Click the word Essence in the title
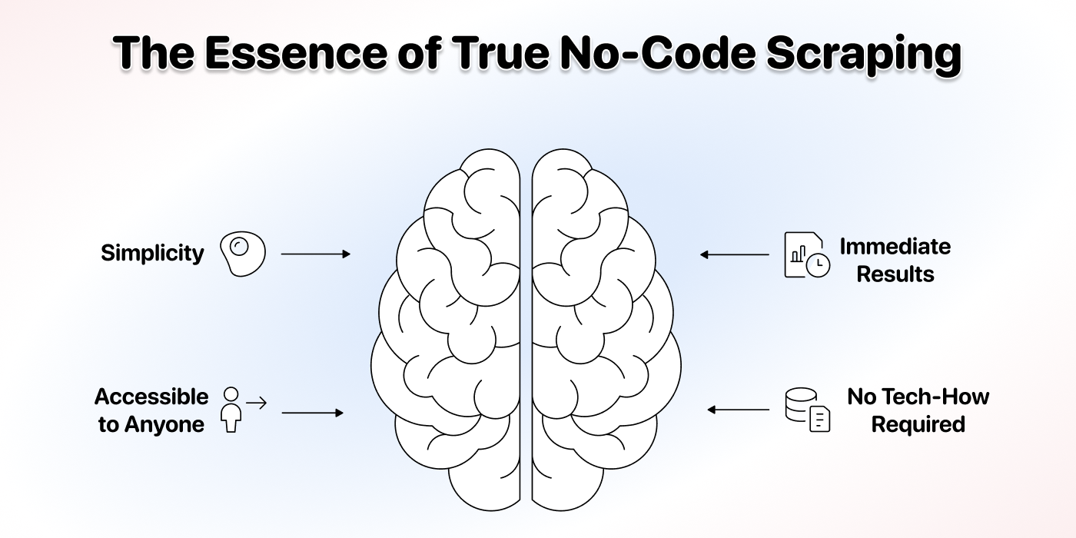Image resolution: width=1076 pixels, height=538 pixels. (296, 52)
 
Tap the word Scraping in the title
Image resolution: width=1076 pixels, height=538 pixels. (863, 55)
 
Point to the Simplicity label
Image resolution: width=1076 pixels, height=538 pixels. (152, 253)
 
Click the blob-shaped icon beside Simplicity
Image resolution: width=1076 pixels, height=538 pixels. (243, 254)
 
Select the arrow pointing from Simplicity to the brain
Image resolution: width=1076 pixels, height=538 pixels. (316, 254)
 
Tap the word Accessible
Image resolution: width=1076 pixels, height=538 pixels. (151, 397)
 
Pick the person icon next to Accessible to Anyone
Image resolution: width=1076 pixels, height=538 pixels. (231, 410)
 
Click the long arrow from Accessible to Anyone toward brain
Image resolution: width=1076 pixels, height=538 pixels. (312, 413)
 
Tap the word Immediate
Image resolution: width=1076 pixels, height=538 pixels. (895, 247)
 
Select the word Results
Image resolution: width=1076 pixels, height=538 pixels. (895, 274)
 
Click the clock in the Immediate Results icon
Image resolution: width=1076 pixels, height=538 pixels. (818, 265)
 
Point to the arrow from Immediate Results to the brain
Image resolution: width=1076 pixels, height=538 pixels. (735, 254)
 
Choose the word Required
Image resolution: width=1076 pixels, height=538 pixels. (918, 424)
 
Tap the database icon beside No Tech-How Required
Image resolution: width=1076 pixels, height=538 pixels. (808, 410)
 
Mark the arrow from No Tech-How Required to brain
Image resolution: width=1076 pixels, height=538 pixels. (739, 410)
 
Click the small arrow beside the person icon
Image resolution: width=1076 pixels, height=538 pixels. (256, 403)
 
